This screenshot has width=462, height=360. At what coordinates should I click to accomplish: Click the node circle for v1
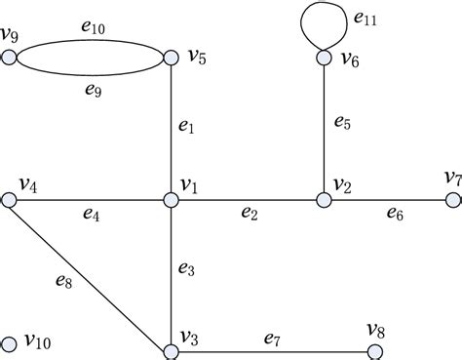(171, 200)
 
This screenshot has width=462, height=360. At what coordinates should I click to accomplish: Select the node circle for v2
(323, 200)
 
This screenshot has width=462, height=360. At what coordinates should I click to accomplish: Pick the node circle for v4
(10, 200)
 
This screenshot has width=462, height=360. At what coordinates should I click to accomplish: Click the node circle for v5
(171, 58)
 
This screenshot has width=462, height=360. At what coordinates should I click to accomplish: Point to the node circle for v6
(323, 58)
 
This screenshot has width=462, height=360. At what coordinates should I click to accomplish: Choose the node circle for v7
(451, 200)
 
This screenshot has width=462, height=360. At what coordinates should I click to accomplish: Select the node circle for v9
(10, 58)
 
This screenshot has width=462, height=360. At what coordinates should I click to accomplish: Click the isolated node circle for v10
(10, 343)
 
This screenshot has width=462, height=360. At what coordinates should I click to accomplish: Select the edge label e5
(342, 123)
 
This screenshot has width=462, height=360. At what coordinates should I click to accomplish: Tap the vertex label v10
(38, 340)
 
